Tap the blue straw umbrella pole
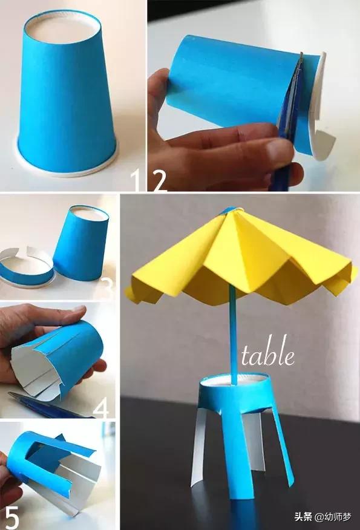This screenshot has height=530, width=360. point(233,335)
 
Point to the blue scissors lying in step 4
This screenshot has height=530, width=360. point(47,405)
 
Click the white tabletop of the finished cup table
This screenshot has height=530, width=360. point(233,381)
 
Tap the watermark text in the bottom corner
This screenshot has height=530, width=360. point(322,517)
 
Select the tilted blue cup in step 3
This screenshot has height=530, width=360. point(81,243)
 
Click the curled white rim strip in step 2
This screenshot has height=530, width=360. point(321,115)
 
